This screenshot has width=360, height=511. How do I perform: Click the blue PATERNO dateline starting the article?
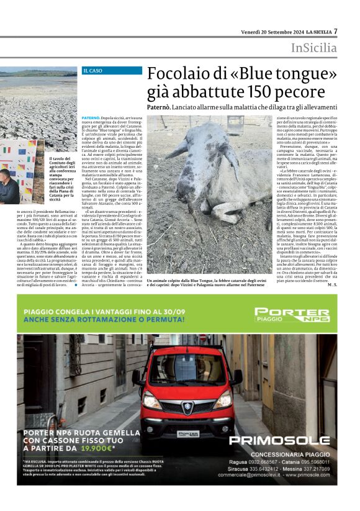(x=91, y=117)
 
